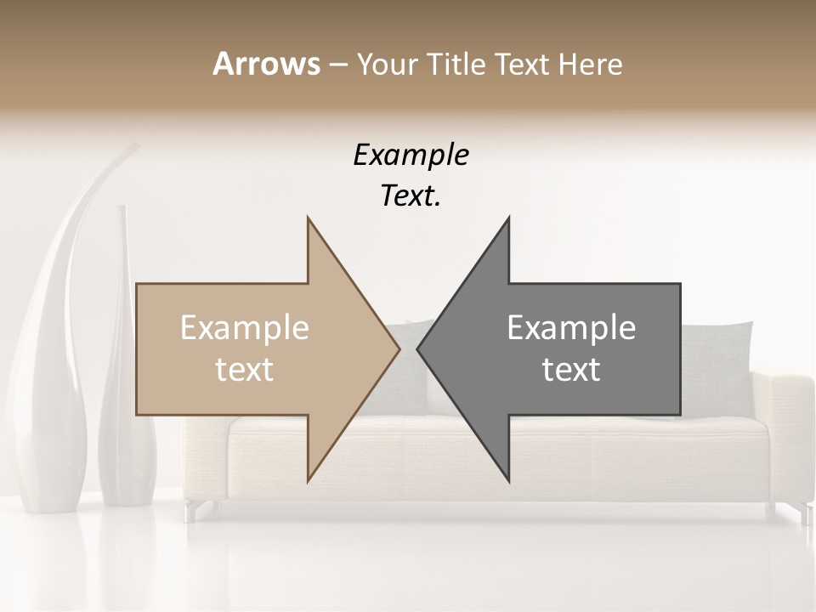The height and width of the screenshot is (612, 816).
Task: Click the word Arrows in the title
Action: tap(266, 64)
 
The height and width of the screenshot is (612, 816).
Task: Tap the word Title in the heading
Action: tap(462, 64)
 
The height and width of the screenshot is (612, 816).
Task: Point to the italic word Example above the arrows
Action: tap(411, 156)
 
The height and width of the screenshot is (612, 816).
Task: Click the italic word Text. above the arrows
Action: tap(411, 196)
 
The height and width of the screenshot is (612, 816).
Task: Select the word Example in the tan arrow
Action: tap(245, 328)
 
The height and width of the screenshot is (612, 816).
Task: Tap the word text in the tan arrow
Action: tap(245, 370)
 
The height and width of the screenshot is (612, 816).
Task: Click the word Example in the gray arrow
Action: tap(571, 328)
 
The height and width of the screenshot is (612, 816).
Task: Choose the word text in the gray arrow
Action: tap(571, 370)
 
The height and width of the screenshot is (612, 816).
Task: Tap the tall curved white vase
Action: tap(55, 357)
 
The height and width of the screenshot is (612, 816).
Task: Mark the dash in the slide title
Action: tap(337, 65)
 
